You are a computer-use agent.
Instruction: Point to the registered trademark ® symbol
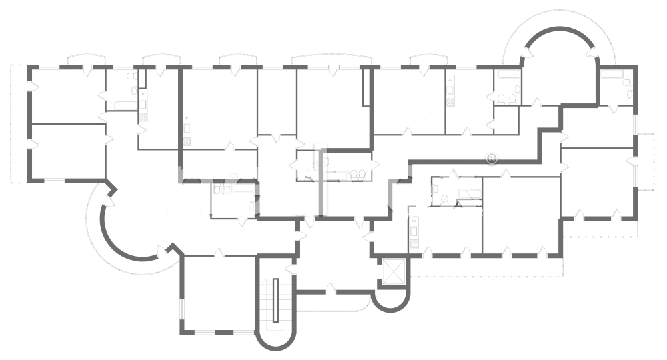492,159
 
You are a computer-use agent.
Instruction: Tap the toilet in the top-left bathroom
135,92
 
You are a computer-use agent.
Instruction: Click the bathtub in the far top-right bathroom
612,75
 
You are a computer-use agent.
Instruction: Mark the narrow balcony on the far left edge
19,123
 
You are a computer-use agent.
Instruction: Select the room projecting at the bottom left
217,293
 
